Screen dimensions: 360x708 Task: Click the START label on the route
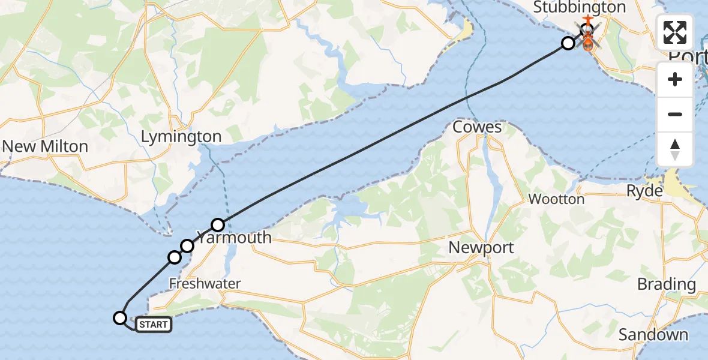[x=154, y=325]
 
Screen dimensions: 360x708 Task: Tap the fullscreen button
[x=675, y=32]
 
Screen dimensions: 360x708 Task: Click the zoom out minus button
[x=675, y=114]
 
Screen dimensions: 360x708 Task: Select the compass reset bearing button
[x=675, y=149]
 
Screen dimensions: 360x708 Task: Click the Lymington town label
[x=181, y=137]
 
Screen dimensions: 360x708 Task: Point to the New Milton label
[x=45, y=146]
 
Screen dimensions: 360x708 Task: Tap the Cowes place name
[x=477, y=127]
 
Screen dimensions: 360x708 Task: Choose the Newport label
[x=481, y=247]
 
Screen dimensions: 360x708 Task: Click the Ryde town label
[x=644, y=191]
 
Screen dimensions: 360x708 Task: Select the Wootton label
[x=556, y=199]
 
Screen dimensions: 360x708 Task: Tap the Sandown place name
[x=653, y=334]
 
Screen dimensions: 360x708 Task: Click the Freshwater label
[x=205, y=284]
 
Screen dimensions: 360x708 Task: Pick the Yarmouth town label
[x=235, y=238]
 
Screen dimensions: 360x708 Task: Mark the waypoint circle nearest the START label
[x=121, y=318]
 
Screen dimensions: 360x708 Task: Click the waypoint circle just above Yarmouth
[x=218, y=225]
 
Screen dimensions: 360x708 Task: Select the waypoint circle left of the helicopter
[x=568, y=43]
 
